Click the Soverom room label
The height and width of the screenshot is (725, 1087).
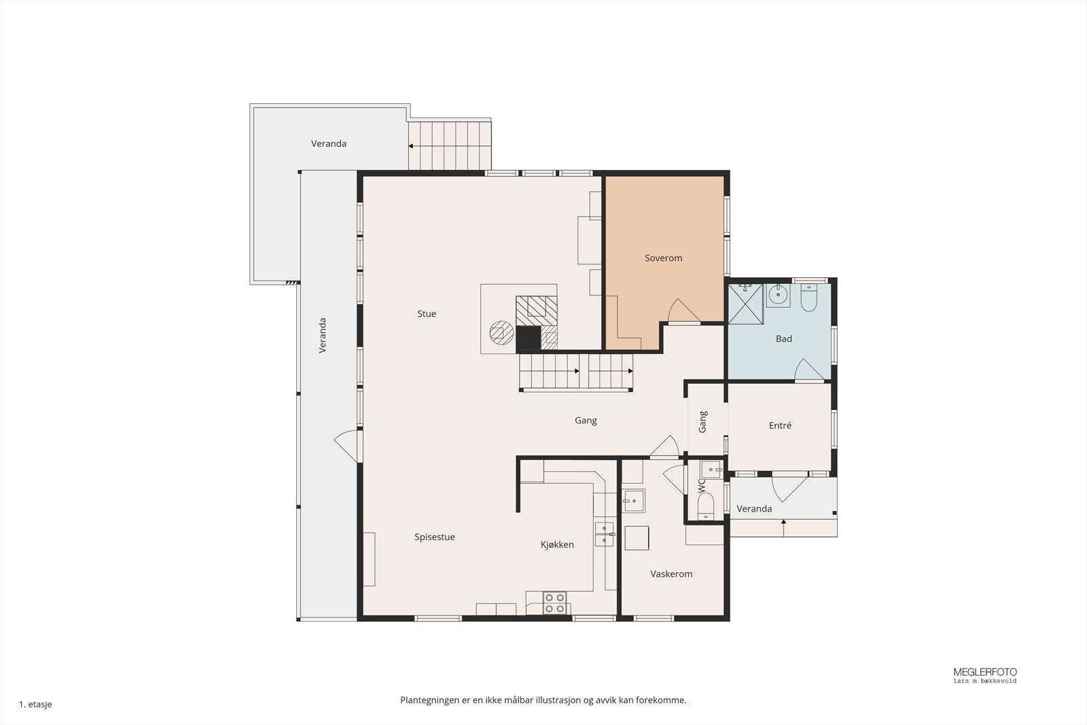coord(663,258)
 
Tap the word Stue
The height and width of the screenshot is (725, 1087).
coord(427,314)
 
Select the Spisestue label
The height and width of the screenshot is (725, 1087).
coord(435,537)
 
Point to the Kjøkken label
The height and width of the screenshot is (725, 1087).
coord(557,544)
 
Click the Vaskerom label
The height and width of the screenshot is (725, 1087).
coord(671,574)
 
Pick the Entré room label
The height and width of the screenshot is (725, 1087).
coord(781,425)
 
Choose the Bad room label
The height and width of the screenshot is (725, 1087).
coord(784,339)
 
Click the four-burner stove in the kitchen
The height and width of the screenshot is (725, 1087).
coord(554,603)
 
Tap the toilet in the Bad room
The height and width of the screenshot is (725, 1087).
coord(809,298)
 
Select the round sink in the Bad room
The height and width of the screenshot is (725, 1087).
coord(779,296)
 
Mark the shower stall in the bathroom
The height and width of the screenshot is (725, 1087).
coord(745,304)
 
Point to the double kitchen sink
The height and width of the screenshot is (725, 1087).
coord(604,534)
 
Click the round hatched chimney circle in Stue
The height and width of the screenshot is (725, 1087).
coord(501,333)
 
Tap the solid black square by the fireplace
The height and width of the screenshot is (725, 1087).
coord(528,338)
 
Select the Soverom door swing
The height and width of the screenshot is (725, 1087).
coord(683,310)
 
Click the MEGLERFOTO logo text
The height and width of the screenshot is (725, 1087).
coord(985,672)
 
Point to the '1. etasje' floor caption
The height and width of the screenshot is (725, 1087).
coord(35,704)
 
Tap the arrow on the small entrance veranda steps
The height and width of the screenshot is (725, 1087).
coord(784,527)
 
